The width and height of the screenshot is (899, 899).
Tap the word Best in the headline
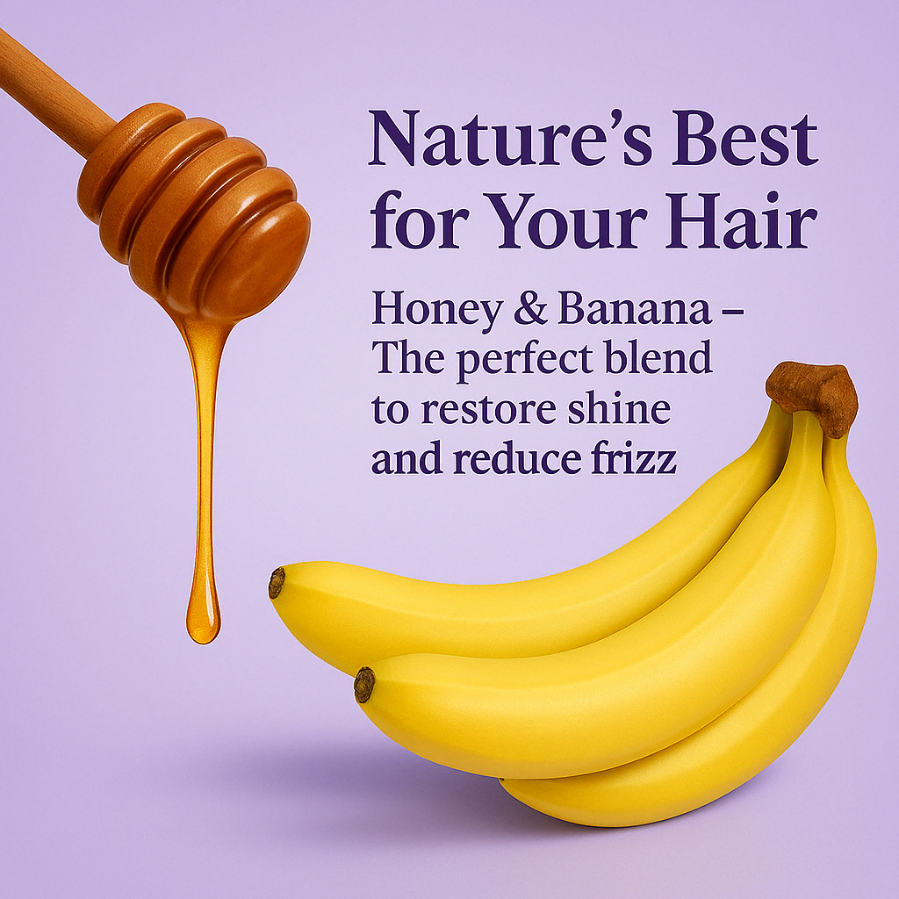(746, 138)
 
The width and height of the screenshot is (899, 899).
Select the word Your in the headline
(568, 221)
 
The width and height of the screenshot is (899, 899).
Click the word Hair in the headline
(741, 220)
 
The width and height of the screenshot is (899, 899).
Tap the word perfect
(525, 359)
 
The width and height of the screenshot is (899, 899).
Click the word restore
(488, 409)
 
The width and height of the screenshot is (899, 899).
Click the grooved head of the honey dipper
(195, 209)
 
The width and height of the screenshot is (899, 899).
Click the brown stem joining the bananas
(813, 396)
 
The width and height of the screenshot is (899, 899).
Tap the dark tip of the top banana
(277, 583)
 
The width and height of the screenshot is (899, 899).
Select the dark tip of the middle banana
(364, 685)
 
